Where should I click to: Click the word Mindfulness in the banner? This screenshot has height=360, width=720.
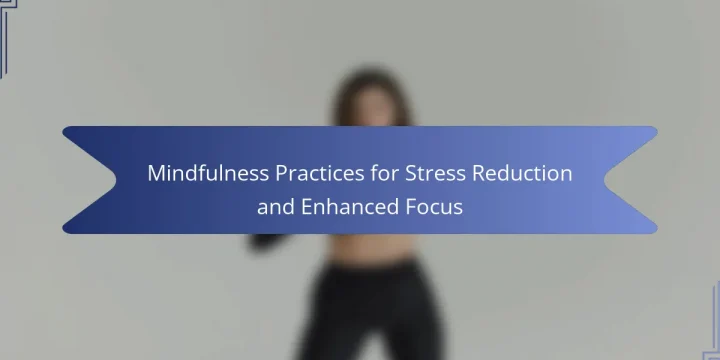pyautogui.click(x=208, y=174)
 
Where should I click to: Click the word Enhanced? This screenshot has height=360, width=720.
pyautogui.click(x=350, y=207)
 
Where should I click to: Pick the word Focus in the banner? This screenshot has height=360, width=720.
pyautogui.click(x=434, y=207)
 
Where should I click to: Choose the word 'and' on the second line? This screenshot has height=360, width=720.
pyautogui.click(x=276, y=207)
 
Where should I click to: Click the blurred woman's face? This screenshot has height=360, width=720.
pyautogui.click(x=374, y=107)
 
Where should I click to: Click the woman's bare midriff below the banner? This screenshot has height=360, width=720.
pyautogui.click(x=373, y=249)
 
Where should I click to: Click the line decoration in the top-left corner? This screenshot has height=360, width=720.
pyautogui.click(x=7, y=37)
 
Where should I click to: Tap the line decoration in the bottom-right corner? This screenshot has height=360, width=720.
pyautogui.click(x=713, y=321)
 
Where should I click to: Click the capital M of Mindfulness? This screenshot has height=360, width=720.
pyautogui.click(x=156, y=174)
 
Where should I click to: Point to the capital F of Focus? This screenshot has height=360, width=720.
pyautogui.click(x=411, y=207)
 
